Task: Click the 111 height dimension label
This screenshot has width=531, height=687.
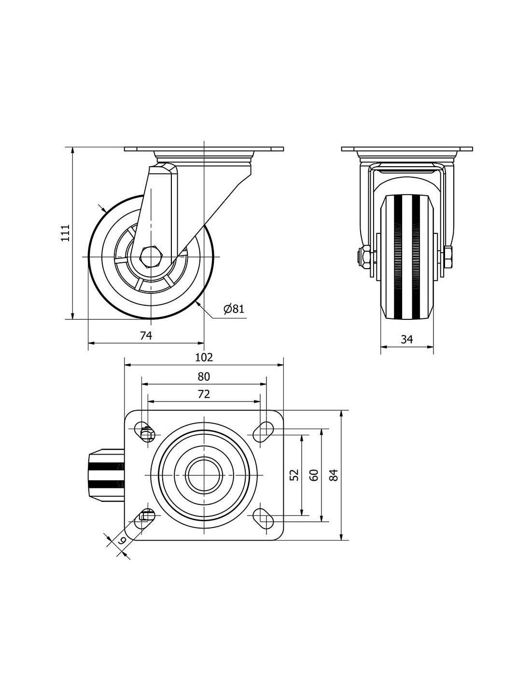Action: click(x=66, y=232)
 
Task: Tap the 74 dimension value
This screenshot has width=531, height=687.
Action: click(x=146, y=336)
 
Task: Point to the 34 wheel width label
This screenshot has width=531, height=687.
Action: click(x=407, y=339)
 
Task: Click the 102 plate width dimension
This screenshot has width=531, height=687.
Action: click(x=204, y=357)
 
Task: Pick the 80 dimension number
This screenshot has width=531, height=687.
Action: click(x=204, y=376)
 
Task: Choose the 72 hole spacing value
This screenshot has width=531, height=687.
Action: click(x=204, y=394)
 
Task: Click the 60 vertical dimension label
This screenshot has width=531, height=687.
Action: click(x=314, y=475)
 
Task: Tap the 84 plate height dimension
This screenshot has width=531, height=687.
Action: click(x=334, y=475)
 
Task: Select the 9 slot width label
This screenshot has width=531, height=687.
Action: click(x=122, y=540)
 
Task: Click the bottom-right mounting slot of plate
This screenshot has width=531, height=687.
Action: click(x=263, y=518)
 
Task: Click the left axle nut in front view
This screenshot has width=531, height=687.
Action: click(x=365, y=258)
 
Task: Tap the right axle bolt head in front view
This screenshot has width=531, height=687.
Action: click(x=448, y=258)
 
